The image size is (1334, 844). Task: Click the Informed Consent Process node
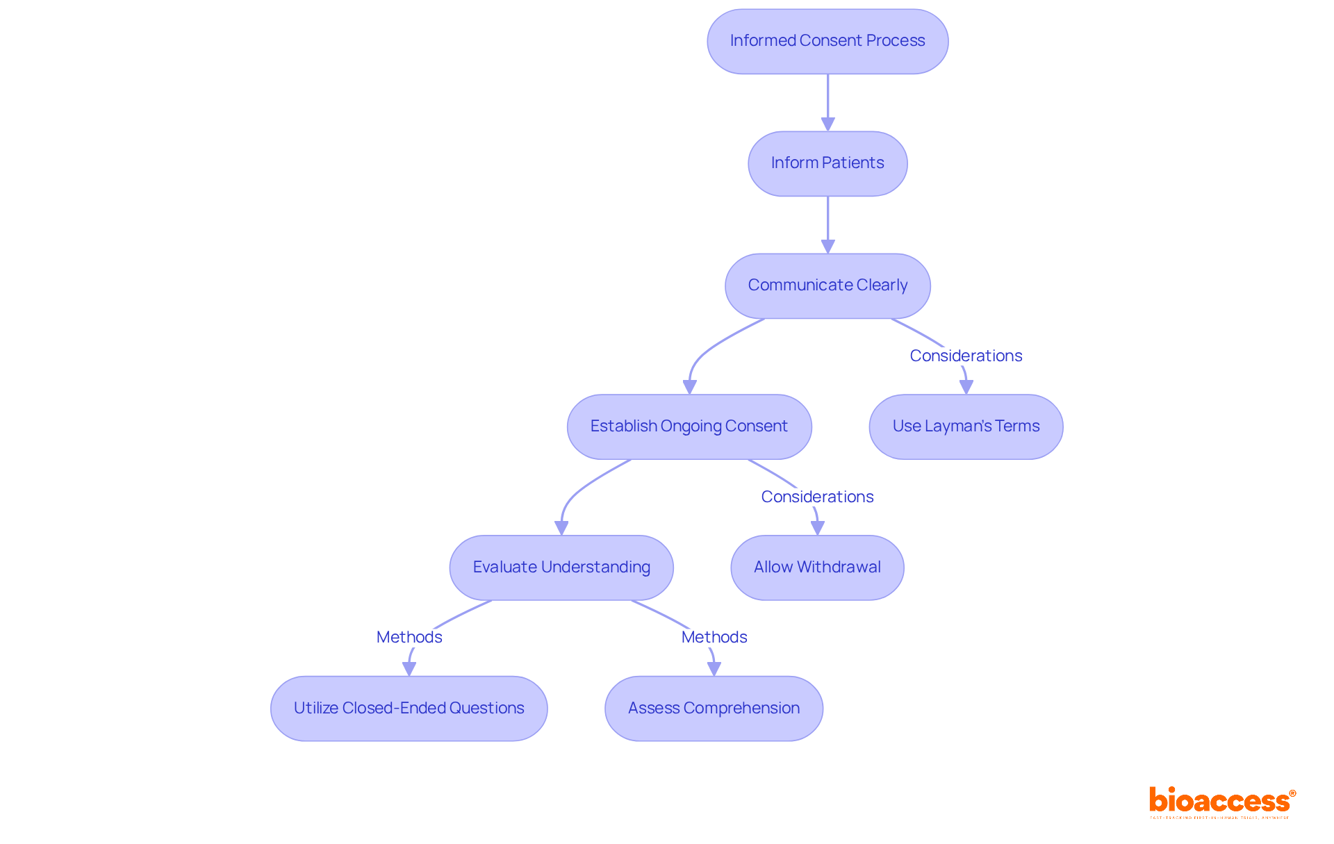[x=827, y=41]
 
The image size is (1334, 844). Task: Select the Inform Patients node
[x=827, y=163]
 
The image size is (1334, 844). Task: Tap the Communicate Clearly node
[x=827, y=286]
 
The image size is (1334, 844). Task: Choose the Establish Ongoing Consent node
[x=689, y=427]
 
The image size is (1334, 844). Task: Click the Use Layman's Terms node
[x=966, y=427]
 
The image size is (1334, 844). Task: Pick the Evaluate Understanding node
[x=561, y=568]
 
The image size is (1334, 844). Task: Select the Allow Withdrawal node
[x=817, y=568]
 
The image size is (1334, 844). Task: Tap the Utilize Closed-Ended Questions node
[x=409, y=709]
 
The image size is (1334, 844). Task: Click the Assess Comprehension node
[x=714, y=709]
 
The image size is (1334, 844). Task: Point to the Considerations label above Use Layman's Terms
[x=966, y=356]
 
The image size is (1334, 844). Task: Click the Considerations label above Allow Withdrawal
[x=817, y=497]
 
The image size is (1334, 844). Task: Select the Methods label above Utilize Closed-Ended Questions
[x=409, y=637]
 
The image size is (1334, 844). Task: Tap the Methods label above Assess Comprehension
[x=714, y=637]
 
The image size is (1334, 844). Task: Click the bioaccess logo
[x=1221, y=802]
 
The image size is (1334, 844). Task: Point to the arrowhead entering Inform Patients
[x=827, y=124]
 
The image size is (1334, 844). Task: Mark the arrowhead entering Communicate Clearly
[x=827, y=247]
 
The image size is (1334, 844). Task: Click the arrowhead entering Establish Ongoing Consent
[x=690, y=387]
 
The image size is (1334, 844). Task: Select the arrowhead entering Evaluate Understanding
[x=561, y=528]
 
